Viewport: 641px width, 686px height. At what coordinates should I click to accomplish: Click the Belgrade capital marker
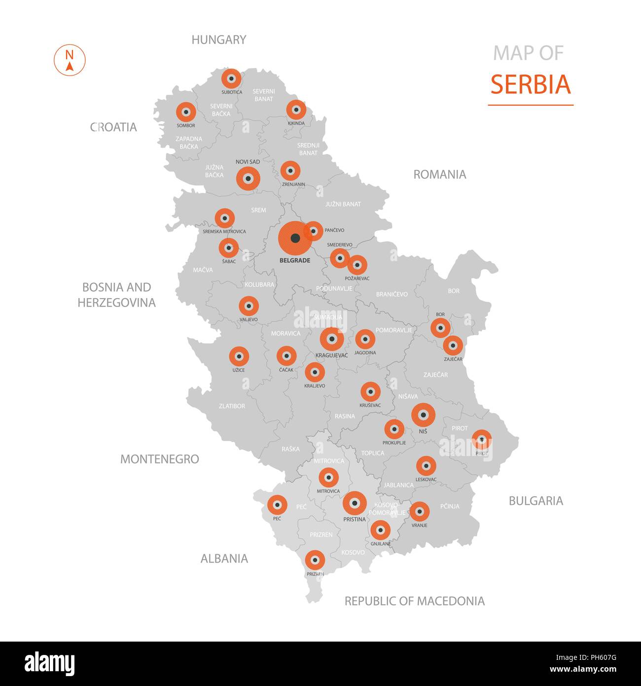pos(295,238)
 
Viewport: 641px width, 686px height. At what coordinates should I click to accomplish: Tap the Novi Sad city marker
pos(248,179)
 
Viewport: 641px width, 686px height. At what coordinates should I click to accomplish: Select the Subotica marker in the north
pos(231,78)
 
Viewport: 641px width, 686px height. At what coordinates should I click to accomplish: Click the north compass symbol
pos(70,60)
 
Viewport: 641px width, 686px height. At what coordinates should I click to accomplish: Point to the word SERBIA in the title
pos(531,84)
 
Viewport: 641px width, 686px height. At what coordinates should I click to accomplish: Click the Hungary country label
pos(218,40)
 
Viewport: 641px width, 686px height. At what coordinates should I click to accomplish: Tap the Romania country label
pos(439,174)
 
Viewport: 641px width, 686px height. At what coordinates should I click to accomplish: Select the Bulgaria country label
pos(535,501)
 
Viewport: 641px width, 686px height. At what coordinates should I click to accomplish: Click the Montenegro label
pos(160,459)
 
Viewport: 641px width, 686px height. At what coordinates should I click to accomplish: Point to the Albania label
pos(224,559)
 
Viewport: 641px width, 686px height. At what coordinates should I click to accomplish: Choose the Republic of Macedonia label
pos(414,601)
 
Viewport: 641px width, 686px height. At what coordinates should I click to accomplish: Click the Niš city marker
pos(423,415)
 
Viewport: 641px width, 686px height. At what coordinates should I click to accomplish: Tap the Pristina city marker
pos(355,503)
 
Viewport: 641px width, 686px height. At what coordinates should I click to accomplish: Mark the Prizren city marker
pos(315,560)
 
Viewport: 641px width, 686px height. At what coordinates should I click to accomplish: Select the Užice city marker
pos(239,356)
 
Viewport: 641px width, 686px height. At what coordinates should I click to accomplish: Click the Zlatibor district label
pos(232,406)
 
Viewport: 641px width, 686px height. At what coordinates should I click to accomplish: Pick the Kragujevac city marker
pos(332,339)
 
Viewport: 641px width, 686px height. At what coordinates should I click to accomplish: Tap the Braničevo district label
pos(392,294)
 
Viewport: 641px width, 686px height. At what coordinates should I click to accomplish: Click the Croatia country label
pos(113,127)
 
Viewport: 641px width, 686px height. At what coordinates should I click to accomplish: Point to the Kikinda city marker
pos(296,110)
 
